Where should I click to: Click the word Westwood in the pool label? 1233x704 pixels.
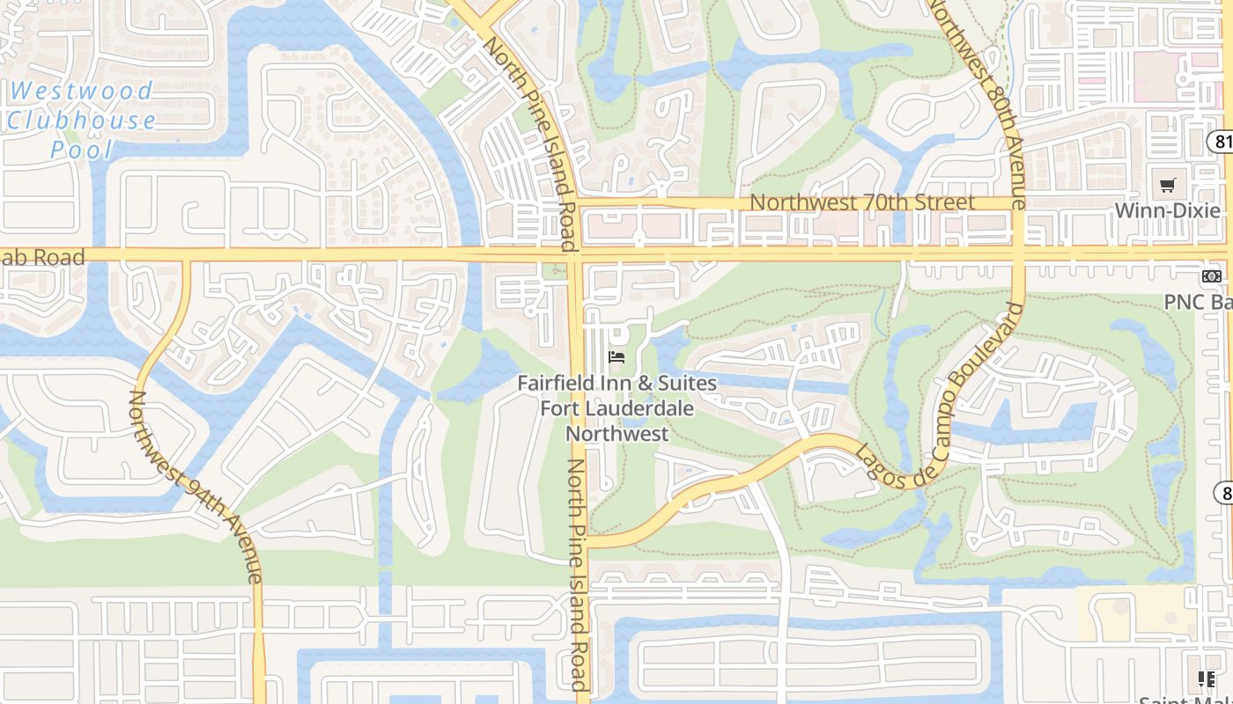[82, 91]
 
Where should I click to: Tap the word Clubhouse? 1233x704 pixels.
[82, 121]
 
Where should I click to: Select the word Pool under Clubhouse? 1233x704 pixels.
[82, 150]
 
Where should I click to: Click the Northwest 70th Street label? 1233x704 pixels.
[861, 202]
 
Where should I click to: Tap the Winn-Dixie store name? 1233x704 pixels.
[1168, 211]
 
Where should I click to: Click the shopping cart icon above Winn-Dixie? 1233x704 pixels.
[1168, 185]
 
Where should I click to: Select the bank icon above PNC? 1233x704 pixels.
[1212, 276]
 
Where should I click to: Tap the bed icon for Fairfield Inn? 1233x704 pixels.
[616, 356]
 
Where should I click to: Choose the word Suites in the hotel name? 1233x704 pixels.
[682, 384]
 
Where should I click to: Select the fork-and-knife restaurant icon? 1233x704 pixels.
[1207, 678]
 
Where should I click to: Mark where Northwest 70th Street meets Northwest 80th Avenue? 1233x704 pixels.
[1015, 204]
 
